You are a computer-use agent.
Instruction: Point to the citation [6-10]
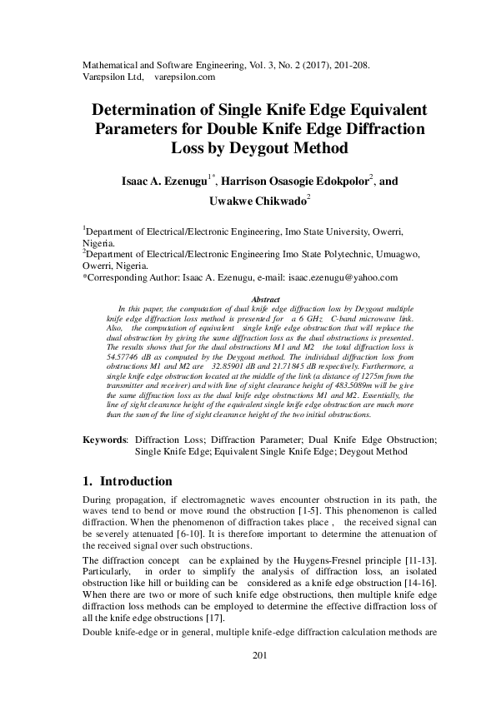pos(210,534)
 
